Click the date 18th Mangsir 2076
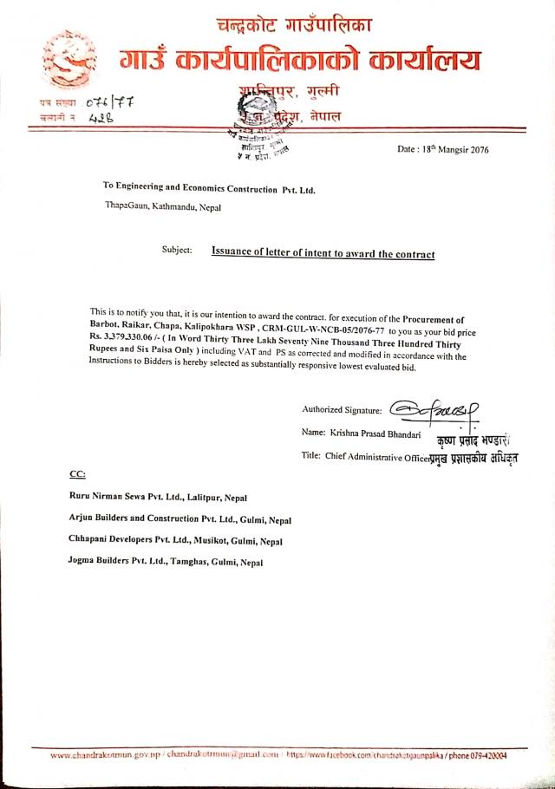pos(442,149)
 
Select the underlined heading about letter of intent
pos(323,252)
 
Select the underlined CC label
pos(77,474)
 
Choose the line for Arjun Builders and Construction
pos(180,519)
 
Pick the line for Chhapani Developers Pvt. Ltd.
pos(175,540)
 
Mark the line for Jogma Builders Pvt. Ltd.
pos(165,562)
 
